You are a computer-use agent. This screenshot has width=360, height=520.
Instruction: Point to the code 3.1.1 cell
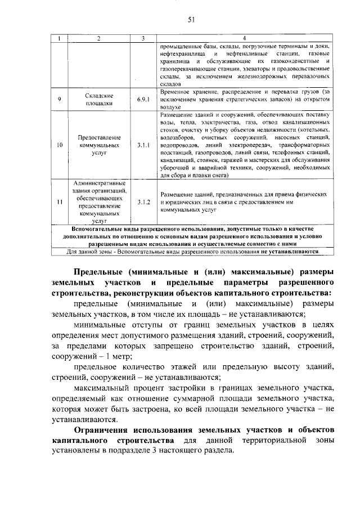coord(143,145)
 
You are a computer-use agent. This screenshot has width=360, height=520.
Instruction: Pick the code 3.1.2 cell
coord(143,202)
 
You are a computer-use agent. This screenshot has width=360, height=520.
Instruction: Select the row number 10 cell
coord(60,145)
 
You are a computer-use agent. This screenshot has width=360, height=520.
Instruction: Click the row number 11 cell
coord(60,202)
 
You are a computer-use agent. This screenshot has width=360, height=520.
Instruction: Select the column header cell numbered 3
coord(143,38)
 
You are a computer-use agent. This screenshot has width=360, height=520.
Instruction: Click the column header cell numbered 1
coord(60,38)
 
